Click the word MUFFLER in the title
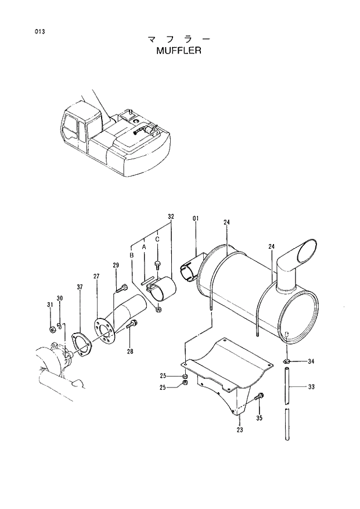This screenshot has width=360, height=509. click(x=178, y=51)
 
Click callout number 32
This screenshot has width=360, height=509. click(x=171, y=216)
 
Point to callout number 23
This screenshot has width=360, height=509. click(x=239, y=430)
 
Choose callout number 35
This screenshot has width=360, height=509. click(x=259, y=417)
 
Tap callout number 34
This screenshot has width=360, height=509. click(x=311, y=361)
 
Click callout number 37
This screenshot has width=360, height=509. click(x=80, y=286)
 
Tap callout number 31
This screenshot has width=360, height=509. click(x=50, y=305)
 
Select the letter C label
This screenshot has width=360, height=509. click(x=157, y=238)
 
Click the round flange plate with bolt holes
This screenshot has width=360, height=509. click(x=105, y=330)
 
